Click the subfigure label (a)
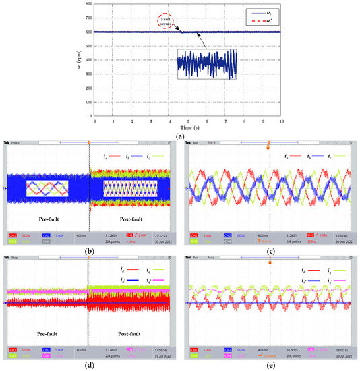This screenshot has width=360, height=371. coord(180,136)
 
